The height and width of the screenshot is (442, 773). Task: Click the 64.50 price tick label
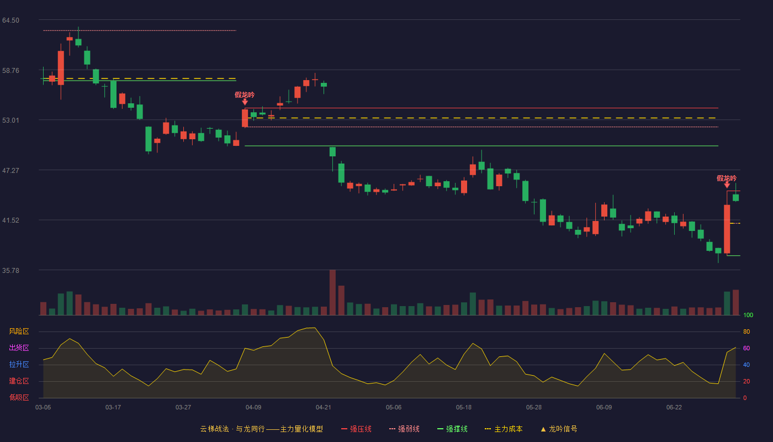(10, 20)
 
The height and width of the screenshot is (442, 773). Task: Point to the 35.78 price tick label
(10, 270)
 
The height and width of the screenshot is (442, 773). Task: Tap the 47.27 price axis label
(10, 171)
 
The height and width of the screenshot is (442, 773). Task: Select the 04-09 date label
(253, 408)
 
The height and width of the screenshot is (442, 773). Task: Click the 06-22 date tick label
(674, 408)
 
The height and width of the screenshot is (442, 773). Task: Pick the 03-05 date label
(43, 408)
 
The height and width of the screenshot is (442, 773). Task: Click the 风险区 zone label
(19, 331)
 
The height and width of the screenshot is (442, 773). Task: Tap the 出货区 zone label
(19, 348)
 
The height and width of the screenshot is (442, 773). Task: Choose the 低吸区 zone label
(19, 397)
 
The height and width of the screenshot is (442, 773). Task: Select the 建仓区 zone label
(19, 381)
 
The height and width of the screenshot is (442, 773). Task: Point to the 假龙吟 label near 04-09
(245, 95)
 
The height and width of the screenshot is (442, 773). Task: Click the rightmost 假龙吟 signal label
(727, 178)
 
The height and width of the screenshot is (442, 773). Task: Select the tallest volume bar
(332, 292)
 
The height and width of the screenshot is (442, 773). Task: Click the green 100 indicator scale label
(748, 315)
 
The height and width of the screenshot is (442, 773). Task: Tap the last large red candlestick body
(727, 229)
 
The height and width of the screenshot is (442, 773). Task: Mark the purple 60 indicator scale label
(746, 348)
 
